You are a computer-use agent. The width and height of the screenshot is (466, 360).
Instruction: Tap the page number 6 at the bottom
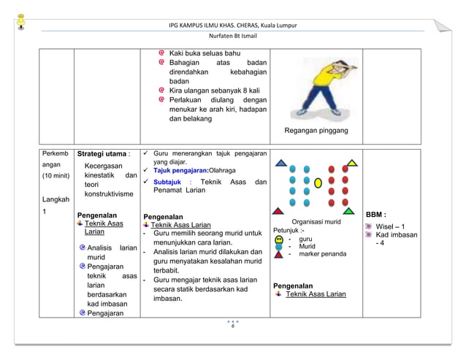tap(232, 326)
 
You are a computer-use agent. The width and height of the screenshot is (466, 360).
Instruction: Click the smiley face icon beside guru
tap(279, 239)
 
